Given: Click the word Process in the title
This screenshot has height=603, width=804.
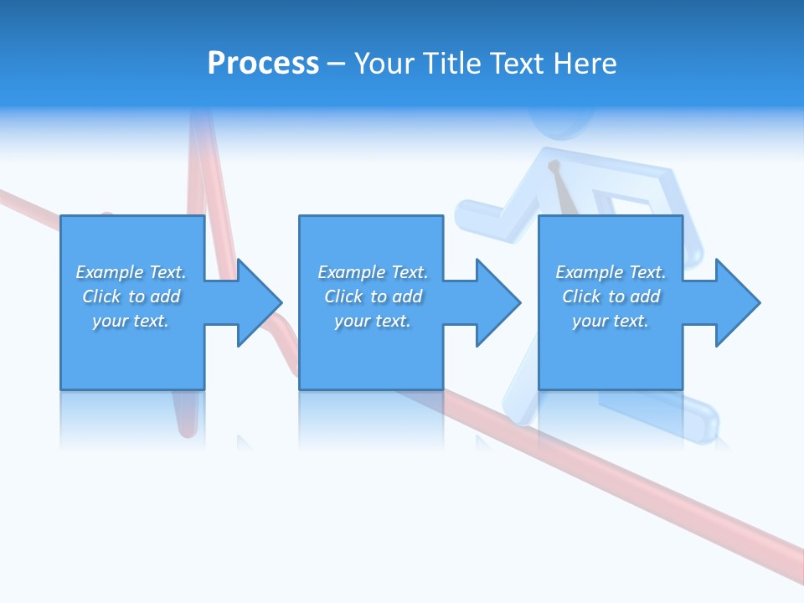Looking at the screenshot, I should coord(263,64).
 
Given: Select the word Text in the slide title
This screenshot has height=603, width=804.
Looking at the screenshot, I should coord(514,64).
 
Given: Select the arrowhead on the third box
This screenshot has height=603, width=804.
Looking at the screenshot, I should coord(736,302).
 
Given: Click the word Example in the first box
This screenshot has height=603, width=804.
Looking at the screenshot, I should coord(110,272).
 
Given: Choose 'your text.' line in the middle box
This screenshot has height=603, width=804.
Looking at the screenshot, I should coord(372,321).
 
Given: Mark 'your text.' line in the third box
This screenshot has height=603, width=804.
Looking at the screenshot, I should coord(611,321).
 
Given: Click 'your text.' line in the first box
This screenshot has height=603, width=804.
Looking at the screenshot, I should coord(131,321).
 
